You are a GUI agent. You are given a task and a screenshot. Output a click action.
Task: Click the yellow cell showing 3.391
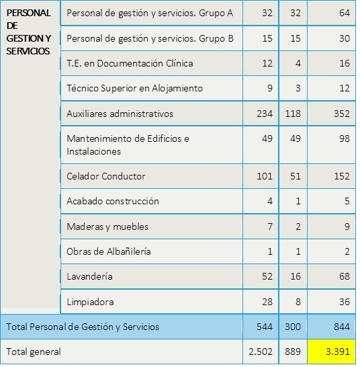pos(332,352)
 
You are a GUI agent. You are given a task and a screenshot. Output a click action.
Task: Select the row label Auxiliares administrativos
pos(120,114)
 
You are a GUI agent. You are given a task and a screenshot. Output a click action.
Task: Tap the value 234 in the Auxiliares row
pos(265,114)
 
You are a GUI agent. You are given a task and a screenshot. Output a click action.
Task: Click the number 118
pos(293,114)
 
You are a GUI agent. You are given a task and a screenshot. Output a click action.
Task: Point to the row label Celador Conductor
pos(106,176)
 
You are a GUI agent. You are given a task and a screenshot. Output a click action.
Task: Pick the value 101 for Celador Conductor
pos(265,176)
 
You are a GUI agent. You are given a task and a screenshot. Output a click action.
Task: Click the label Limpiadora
pos(90,302)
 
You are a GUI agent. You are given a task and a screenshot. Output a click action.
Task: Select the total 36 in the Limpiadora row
pos(345,302)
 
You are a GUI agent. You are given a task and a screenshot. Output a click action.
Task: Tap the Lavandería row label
pos(89,276)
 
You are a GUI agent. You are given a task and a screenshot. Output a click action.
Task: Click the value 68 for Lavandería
pos(345,276)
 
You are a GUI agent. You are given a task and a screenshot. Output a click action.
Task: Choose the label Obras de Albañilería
pos(109,251)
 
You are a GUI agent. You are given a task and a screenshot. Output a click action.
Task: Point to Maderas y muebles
pos(107,227)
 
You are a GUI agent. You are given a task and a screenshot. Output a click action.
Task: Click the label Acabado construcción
pos(113,201)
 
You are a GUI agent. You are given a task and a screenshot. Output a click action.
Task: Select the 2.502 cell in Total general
pos(261,352)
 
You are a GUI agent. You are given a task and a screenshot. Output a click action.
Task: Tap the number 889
pos(293,352)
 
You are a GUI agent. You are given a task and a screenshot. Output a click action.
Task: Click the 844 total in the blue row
pos(342,327)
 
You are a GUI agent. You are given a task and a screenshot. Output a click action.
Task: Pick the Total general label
pos(34,352)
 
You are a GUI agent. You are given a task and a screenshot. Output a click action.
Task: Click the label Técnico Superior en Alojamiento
pos(134,89)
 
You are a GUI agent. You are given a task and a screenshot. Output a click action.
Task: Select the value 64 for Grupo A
pos(345,13)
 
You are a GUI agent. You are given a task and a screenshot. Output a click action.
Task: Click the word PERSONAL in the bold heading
pos(28,13)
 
